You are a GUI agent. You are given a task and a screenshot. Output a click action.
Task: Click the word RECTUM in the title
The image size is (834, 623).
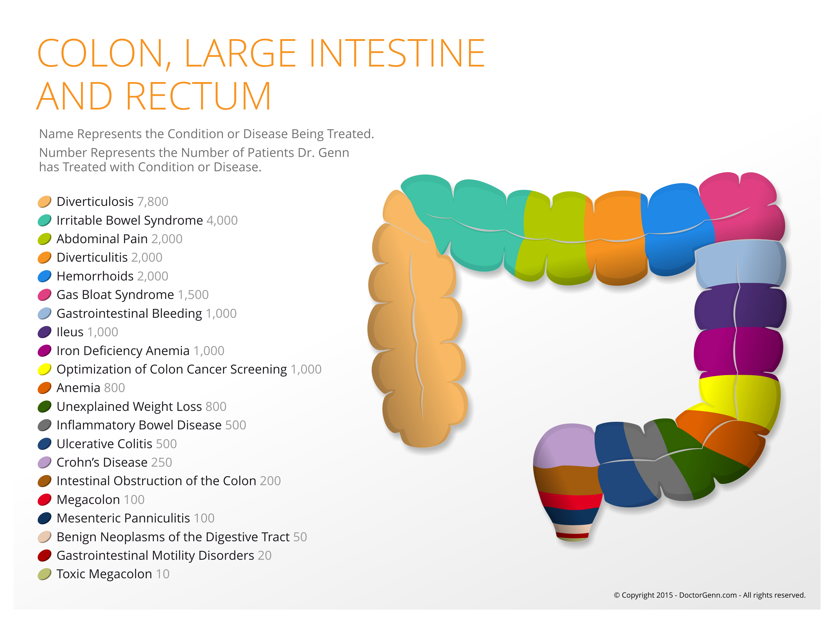[198, 96]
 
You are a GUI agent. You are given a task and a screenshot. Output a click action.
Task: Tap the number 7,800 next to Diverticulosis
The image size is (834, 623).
[153, 201]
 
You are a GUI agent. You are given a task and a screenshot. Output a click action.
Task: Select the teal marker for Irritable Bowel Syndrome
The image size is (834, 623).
[45, 220]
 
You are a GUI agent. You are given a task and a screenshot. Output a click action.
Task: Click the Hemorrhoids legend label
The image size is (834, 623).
[95, 276]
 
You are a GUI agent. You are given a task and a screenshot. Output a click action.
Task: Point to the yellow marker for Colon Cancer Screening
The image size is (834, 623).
[45, 369]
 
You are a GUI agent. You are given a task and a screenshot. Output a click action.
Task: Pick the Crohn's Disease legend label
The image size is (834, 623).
[102, 462]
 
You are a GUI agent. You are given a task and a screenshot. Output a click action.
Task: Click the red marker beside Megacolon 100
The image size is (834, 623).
[45, 499]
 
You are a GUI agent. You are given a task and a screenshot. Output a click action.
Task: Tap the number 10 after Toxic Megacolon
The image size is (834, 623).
[163, 574]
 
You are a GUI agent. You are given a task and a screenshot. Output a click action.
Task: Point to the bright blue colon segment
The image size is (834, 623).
[675, 230]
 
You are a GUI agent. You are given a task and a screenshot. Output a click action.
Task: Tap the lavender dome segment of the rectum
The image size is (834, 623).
[565, 446]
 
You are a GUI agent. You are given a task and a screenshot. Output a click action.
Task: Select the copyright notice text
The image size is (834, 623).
[709, 595]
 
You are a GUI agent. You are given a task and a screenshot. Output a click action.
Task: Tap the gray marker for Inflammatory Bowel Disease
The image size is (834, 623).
[45, 425]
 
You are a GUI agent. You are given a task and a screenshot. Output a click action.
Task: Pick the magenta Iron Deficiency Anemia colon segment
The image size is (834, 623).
[738, 351]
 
